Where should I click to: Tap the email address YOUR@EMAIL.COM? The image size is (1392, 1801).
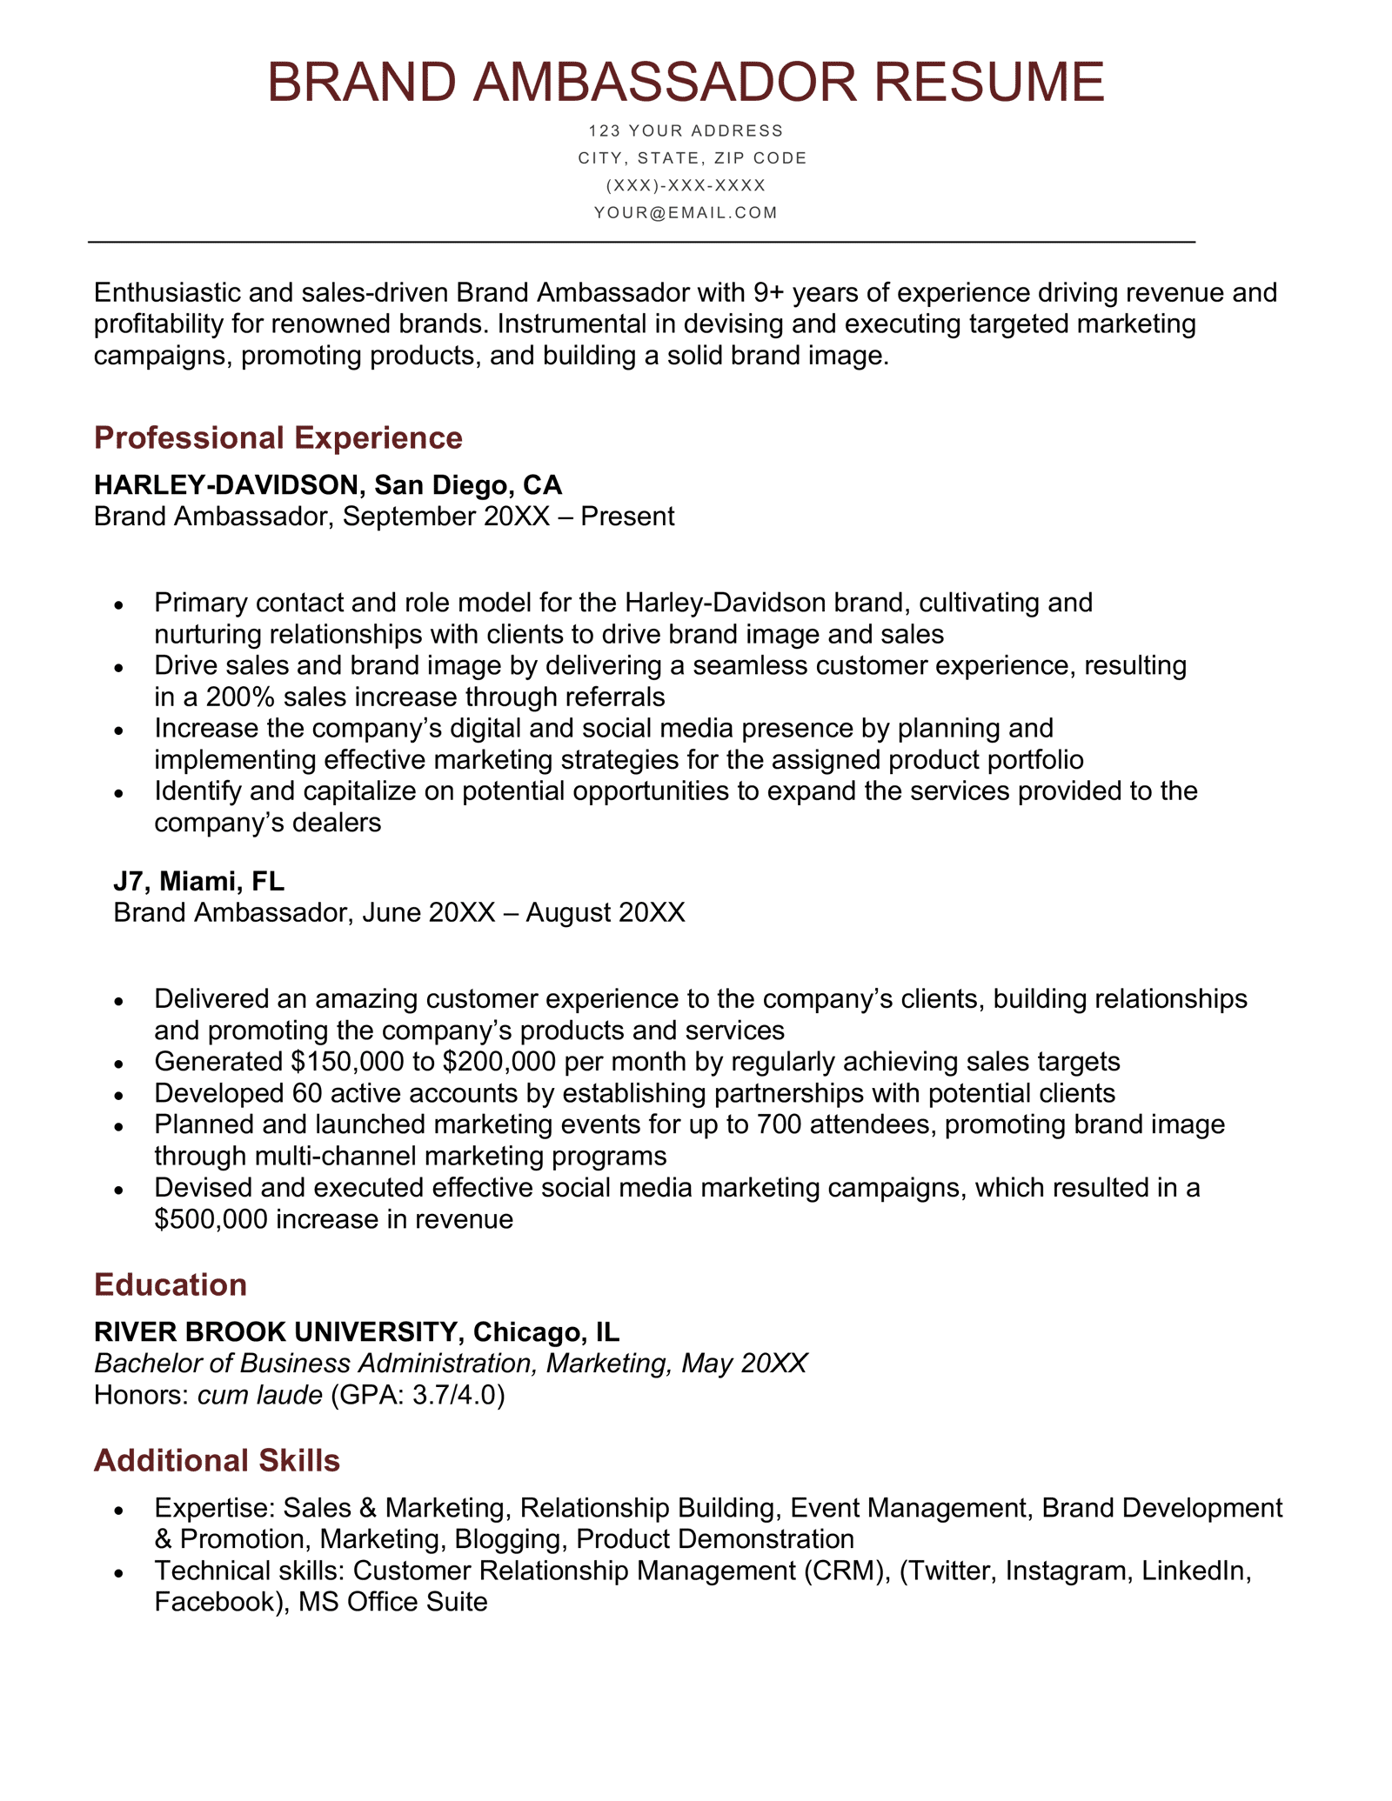click(x=686, y=213)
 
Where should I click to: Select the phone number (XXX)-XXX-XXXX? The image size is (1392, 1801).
click(x=686, y=185)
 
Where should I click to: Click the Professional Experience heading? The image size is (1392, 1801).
click(x=278, y=437)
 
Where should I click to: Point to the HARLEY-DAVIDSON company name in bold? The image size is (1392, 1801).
click(x=225, y=484)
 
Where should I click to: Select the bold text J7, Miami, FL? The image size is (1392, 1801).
click(x=198, y=881)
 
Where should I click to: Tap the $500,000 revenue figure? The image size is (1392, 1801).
click(x=211, y=1218)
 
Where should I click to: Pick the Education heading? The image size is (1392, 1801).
click(x=171, y=1284)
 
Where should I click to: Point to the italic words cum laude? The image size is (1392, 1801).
click(x=259, y=1395)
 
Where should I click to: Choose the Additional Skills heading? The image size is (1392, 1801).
click(x=217, y=1460)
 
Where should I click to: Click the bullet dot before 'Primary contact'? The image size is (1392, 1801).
click(x=119, y=604)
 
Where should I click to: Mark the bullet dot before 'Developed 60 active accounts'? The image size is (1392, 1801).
click(x=119, y=1094)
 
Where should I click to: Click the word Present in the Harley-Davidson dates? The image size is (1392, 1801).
click(x=627, y=517)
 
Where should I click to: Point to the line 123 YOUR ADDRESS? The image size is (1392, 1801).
click(x=686, y=131)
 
